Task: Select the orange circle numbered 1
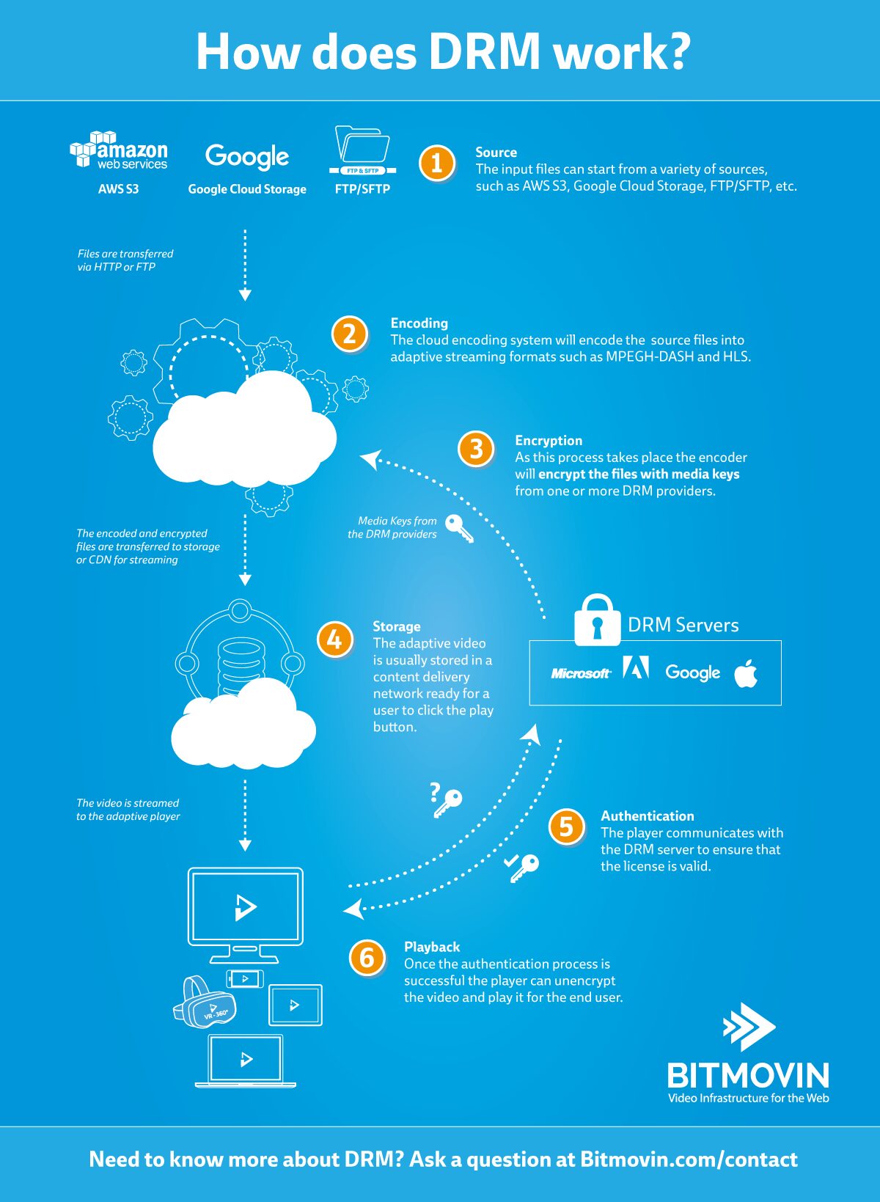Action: [437, 163]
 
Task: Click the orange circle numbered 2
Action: [349, 334]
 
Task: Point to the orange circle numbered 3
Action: [476, 449]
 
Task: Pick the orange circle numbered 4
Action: [334, 639]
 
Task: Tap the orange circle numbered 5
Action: [566, 826]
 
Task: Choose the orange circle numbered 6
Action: [367, 958]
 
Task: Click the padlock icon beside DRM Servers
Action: [597, 619]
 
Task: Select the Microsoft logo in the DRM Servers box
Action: [581, 673]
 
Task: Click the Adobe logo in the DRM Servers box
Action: [636, 667]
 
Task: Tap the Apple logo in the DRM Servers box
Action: [746, 673]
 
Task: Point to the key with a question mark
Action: [446, 800]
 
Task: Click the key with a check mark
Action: [521, 867]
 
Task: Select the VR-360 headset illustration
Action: [204, 1001]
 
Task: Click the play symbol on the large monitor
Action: [246, 907]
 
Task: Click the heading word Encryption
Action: [549, 441]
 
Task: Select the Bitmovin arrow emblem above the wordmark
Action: [749, 1027]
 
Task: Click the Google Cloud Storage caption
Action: [247, 189]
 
